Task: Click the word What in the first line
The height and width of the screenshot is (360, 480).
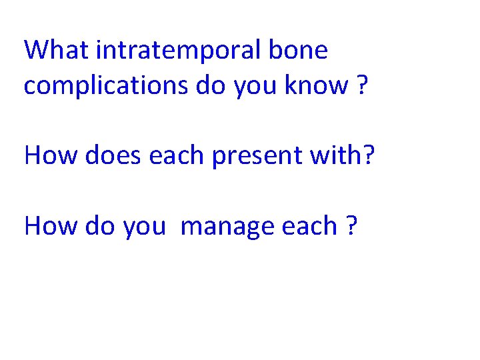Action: tap(57, 50)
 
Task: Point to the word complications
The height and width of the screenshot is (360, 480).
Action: tap(106, 85)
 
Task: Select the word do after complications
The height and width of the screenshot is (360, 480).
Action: tap(211, 85)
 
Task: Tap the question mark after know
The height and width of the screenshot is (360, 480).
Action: tap(361, 85)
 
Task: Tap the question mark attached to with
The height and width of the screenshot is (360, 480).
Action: tap(370, 155)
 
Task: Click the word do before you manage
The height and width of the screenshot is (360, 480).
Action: tap(97, 226)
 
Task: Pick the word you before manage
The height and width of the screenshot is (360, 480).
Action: tap(143, 227)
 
